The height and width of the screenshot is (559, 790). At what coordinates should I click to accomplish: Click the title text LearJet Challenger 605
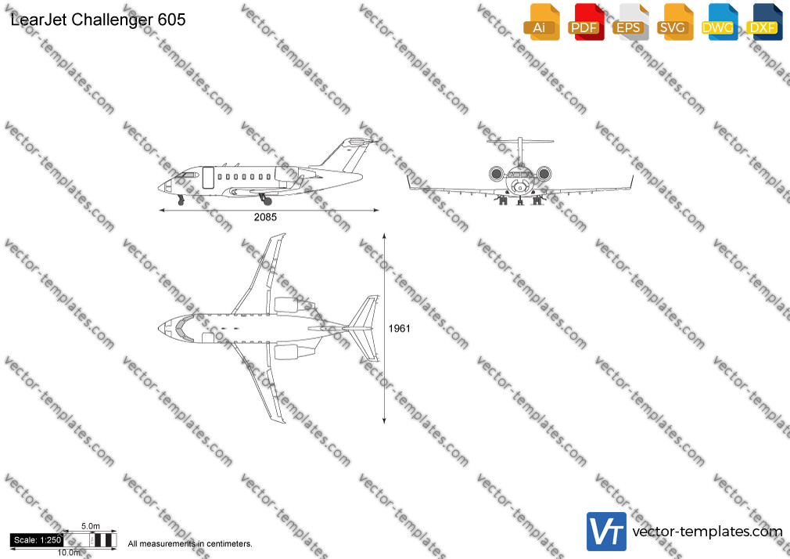[98, 20]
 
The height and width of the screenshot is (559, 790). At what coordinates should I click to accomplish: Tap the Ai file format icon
[541, 22]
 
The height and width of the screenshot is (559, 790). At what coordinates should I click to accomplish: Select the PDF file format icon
[586, 22]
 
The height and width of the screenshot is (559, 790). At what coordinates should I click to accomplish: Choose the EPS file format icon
[630, 22]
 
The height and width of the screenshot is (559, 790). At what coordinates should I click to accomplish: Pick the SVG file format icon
[674, 22]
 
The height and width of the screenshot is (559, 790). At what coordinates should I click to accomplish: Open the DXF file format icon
[764, 22]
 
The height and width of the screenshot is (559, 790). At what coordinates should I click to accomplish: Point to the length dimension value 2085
[265, 218]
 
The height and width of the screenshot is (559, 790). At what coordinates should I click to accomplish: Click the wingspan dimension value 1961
[399, 329]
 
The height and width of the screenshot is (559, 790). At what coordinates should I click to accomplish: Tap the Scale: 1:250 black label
[37, 540]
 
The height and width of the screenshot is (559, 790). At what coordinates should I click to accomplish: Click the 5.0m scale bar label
[91, 526]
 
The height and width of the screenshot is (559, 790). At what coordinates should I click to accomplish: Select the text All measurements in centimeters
[190, 544]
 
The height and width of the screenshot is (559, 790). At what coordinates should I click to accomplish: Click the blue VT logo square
[606, 532]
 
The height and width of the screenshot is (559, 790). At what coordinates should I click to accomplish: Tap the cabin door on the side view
[208, 178]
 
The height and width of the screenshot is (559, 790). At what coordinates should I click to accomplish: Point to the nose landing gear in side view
[181, 200]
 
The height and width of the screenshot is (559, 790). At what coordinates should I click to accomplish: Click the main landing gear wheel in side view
[268, 201]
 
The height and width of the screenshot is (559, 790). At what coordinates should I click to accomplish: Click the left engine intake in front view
[496, 174]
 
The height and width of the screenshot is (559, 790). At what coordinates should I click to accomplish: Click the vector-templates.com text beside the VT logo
[707, 532]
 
